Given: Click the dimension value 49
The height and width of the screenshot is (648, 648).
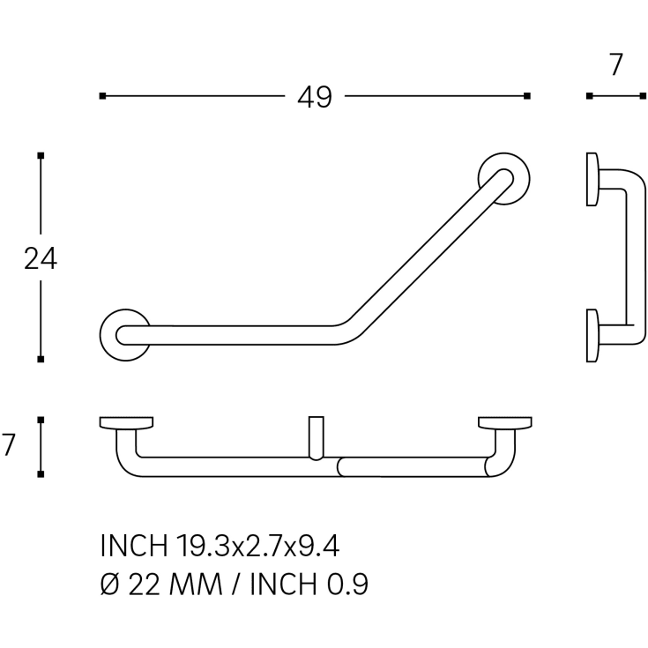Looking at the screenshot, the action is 315,97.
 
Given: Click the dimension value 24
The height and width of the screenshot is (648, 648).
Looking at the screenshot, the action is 41,258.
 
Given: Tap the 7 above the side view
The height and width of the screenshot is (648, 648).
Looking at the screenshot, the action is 615,64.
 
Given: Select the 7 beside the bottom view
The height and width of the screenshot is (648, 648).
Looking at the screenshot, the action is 8,444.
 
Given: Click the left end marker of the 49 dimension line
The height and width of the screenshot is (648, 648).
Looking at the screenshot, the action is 102,96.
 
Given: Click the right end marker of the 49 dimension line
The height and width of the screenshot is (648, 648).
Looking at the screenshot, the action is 527,96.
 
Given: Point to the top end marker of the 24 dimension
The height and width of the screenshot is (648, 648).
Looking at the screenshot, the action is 41,156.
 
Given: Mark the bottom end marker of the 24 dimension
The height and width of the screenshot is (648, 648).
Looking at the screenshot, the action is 41,359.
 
